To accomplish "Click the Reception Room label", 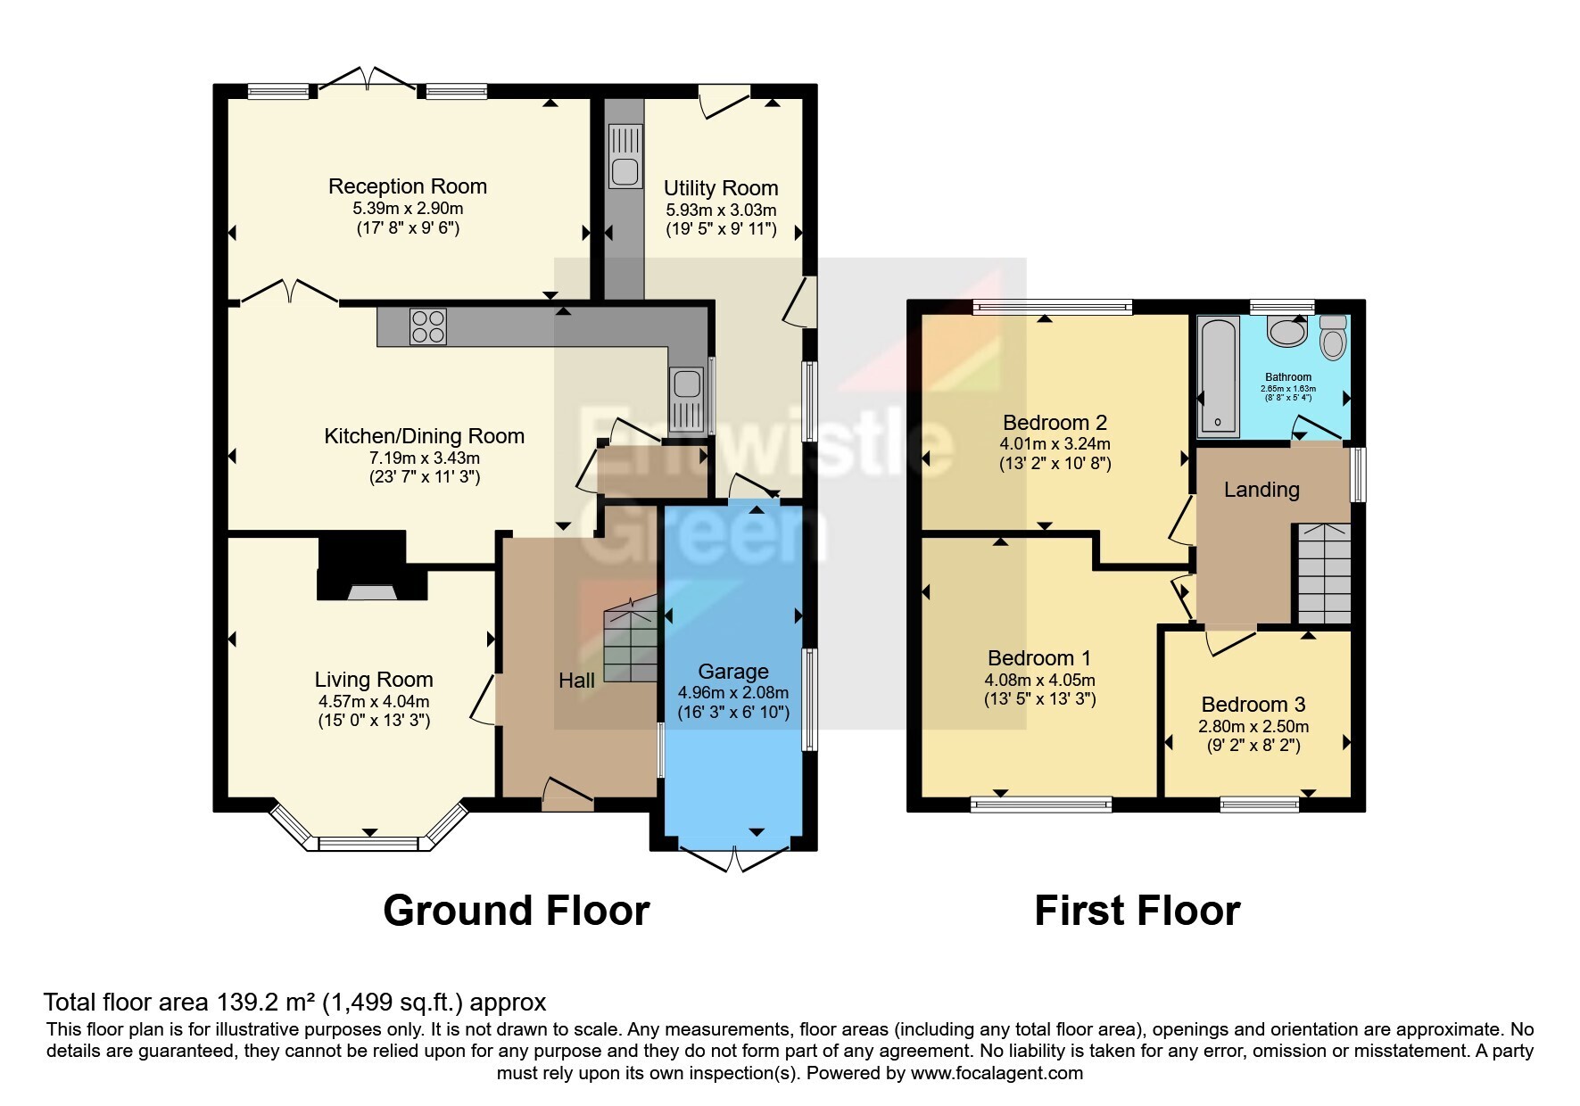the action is point(408,186).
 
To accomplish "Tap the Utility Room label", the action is point(721,188).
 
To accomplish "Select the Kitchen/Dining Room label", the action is point(424,436).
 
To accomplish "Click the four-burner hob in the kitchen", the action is point(428,326).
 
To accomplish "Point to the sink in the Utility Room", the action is point(625,156).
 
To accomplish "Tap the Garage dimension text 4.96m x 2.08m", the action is point(733,693).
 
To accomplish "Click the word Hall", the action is point(576,681).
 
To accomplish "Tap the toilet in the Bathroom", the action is point(1332,336).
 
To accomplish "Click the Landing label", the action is point(1262,490).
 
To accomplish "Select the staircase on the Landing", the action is point(1323,574).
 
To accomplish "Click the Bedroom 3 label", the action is point(1253,705).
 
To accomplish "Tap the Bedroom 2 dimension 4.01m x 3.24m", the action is point(1055,443).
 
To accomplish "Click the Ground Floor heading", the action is point(517,911).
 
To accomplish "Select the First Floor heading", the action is point(1137,911).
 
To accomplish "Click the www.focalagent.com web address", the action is point(997,1073).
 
